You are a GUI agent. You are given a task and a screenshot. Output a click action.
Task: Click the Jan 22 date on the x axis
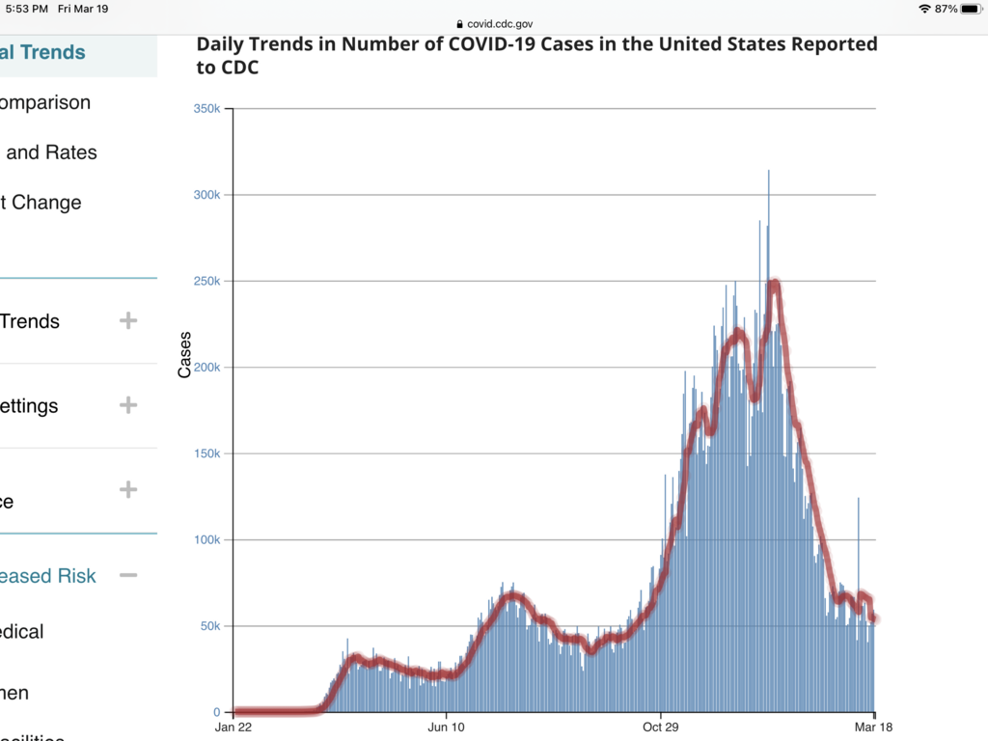pos(233,727)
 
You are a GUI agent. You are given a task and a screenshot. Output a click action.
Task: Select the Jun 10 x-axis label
pos(446,727)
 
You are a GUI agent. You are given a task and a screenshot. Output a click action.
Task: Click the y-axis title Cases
pos(185,354)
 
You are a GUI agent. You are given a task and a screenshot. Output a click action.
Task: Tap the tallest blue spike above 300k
pos(769,174)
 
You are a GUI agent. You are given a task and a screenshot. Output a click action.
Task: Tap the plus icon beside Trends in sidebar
pos(128,321)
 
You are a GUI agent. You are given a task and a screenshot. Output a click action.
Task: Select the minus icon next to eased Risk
pos(128,576)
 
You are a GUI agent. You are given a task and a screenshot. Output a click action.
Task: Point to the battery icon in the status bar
pos(970,9)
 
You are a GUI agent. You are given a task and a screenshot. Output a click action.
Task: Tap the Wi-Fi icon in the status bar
pos(924,9)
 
